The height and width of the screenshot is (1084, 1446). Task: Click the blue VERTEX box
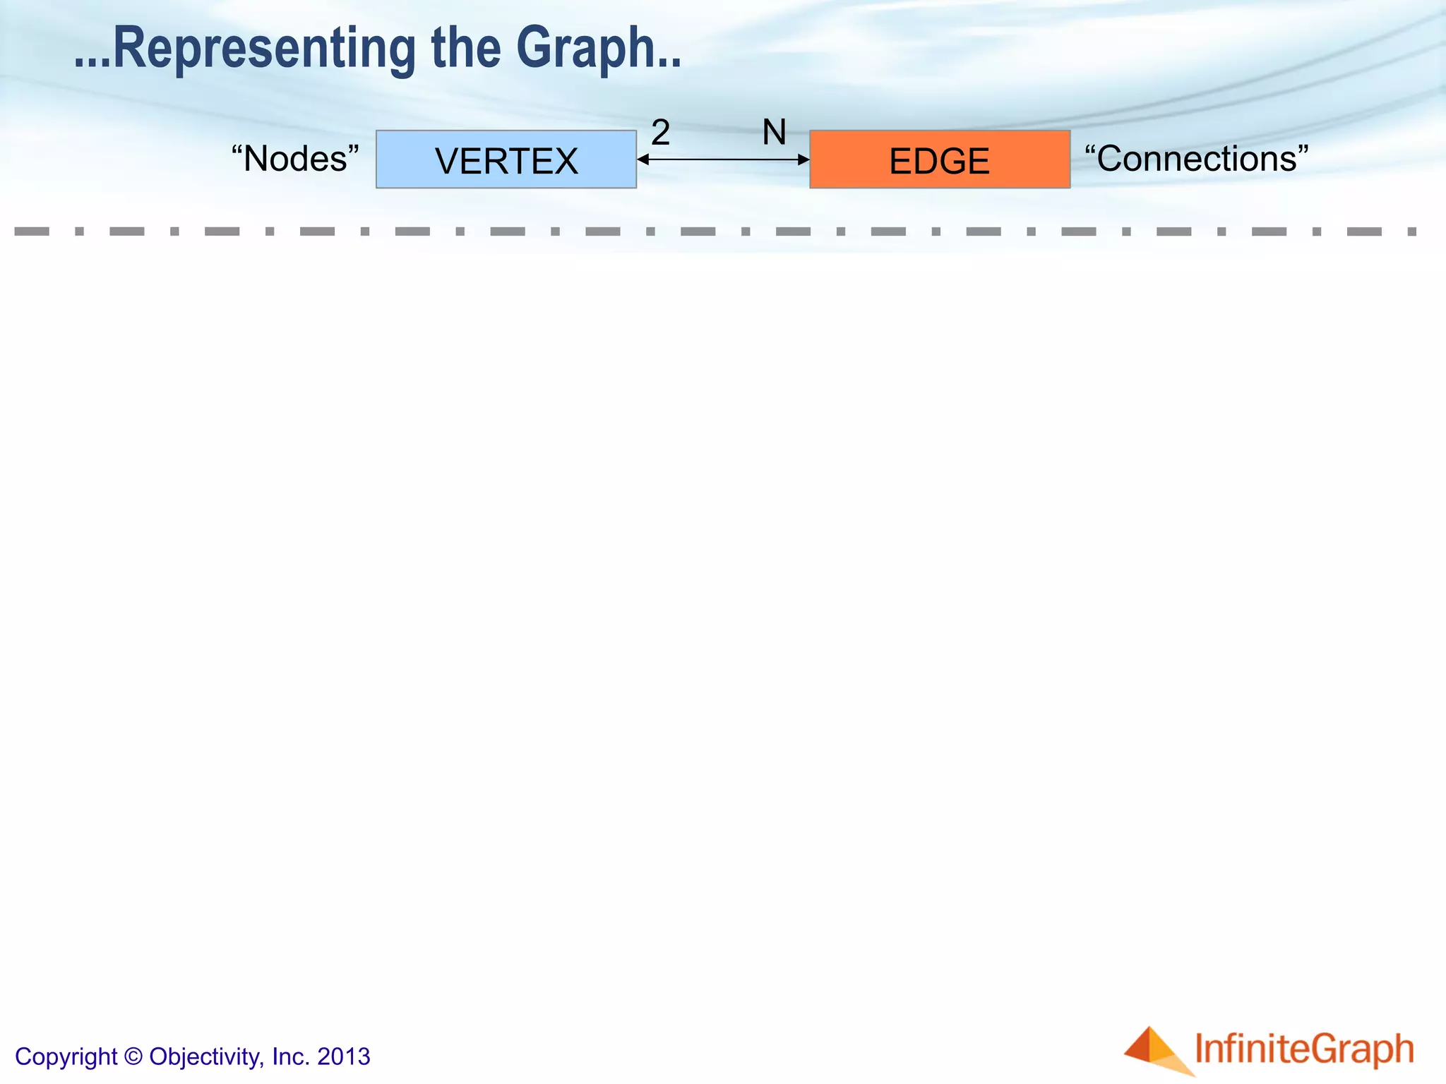tap(506, 159)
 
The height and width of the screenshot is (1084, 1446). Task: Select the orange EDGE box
tap(939, 159)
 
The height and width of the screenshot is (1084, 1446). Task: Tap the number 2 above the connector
tap(660, 132)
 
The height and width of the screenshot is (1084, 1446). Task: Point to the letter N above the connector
tap(774, 132)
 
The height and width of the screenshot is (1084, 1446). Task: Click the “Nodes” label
tap(295, 158)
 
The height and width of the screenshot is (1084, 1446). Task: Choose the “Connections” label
tap(1196, 158)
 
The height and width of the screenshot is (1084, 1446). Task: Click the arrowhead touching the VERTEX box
tap(643, 159)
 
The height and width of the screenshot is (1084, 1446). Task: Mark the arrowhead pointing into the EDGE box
tap(803, 159)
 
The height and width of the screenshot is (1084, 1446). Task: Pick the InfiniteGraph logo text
tap(1304, 1049)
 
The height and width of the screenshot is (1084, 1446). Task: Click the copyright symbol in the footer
tap(133, 1056)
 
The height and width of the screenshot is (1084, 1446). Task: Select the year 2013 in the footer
tap(344, 1056)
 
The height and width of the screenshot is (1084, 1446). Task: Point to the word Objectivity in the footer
tap(205, 1056)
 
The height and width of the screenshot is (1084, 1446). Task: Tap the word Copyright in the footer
tap(66, 1056)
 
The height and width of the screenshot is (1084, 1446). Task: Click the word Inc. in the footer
tap(290, 1056)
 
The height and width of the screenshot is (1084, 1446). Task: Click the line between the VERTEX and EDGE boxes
tap(723, 159)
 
